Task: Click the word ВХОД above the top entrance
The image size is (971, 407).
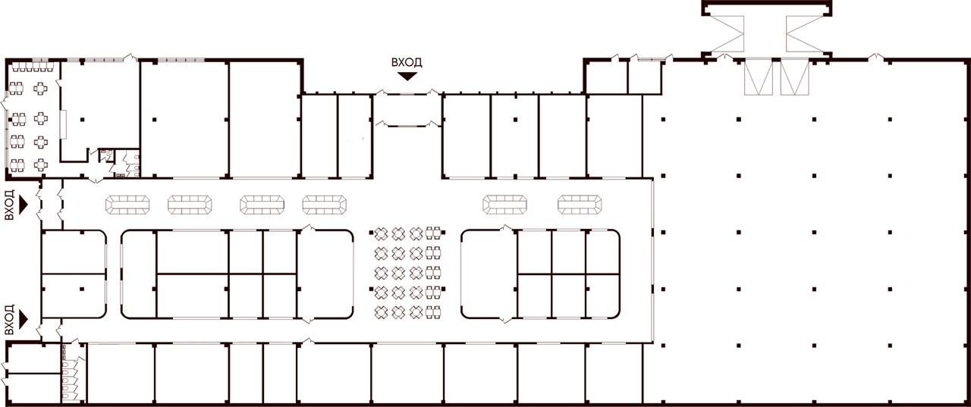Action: click(407, 62)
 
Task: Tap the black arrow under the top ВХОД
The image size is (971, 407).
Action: click(407, 77)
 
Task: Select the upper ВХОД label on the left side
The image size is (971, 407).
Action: click(10, 205)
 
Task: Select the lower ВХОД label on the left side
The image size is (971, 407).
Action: click(10, 320)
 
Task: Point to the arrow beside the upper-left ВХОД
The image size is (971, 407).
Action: click(23, 205)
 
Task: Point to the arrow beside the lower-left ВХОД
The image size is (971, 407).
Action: click(23, 320)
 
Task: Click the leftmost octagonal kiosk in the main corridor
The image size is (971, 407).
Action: click(127, 205)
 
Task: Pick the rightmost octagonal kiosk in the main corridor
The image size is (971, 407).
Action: click(580, 205)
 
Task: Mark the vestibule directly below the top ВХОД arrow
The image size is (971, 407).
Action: click(407, 110)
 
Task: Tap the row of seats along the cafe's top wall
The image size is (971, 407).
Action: click(33, 67)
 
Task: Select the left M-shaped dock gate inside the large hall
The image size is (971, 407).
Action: click(759, 77)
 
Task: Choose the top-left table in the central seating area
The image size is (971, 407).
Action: click(381, 233)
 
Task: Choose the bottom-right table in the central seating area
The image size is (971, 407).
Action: click(433, 312)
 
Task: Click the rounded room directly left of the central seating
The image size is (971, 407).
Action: click(325, 274)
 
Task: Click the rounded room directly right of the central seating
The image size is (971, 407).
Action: click(489, 274)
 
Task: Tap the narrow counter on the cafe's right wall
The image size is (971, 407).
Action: click(63, 125)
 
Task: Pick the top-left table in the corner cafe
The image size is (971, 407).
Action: click(17, 89)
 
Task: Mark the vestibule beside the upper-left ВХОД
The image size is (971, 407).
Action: click(52, 204)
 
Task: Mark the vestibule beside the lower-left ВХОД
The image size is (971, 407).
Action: click(51, 330)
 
